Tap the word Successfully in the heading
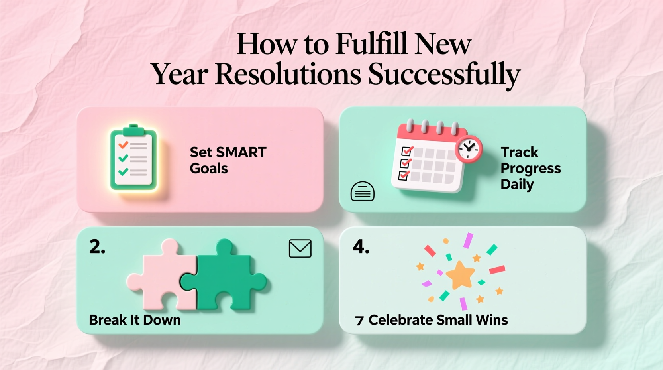[x=444, y=74]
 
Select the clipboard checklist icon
[x=133, y=158]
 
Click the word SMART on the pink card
[x=241, y=152]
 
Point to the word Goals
[x=209, y=169]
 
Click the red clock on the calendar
[x=469, y=149]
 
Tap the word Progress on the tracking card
[x=530, y=169]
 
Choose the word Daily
[x=517, y=185]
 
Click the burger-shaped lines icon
[x=362, y=191]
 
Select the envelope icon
[x=300, y=248]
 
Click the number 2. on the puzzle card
[x=97, y=247]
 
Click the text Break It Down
[x=135, y=320]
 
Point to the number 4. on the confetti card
[x=361, y=247]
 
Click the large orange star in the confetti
[x=460, y=275]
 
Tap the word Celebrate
[x=400, y=320]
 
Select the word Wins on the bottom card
[x=494, y=320]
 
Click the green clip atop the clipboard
[x=133, y=130]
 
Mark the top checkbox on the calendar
[x=407, y=151]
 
